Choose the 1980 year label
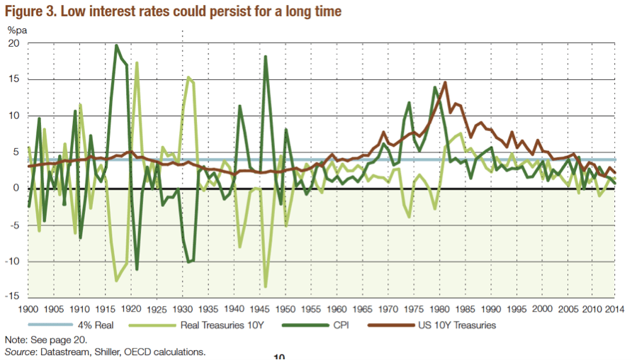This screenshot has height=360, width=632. click(440, 309)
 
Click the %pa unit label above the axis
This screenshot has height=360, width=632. click(16, 29)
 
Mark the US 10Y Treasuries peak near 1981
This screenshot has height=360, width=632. click(445, 82)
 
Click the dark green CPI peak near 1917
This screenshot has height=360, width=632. click(116, 45)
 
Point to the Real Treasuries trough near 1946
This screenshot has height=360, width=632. click(266, 287)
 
